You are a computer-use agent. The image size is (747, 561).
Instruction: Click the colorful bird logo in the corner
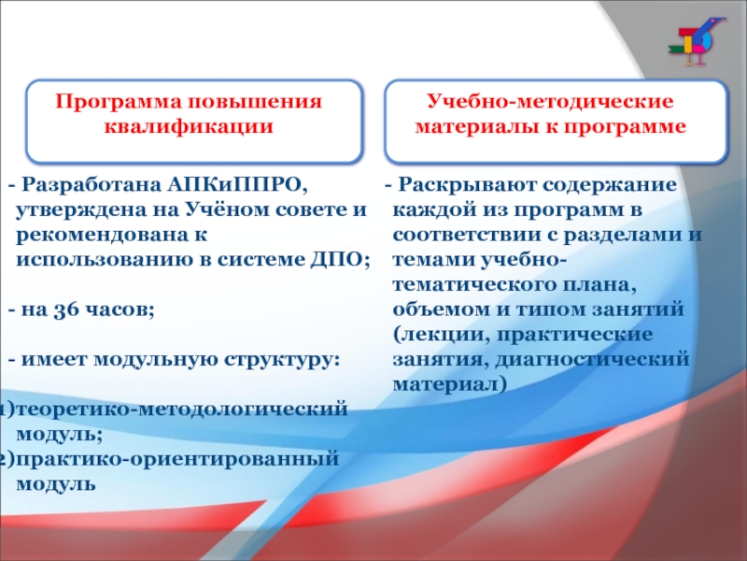click(x=697, y=41)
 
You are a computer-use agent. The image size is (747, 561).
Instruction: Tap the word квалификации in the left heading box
click(x=189, y=126)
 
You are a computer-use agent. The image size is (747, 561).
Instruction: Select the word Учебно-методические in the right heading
click(x=550, y=101)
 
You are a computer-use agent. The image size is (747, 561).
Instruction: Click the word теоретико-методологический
click(x=182, y=410)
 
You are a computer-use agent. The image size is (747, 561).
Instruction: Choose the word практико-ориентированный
click(x=177, y=460)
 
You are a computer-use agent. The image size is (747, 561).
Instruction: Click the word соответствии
click(x=472, y=235)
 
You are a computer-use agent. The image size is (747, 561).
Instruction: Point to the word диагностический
click(x=593, y=359)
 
